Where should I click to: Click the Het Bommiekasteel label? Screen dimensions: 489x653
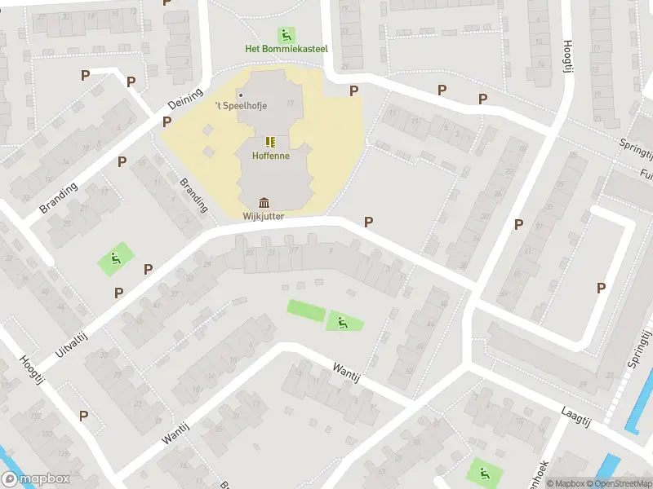(x=287, y=49)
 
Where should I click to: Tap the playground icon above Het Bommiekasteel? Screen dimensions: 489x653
(x=287, y=35)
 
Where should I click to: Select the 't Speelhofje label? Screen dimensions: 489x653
(x=241, y=105)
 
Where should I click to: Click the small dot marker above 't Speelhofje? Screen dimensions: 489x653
(x=240, y=95)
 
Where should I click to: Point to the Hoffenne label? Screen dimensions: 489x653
(x=271, y=155)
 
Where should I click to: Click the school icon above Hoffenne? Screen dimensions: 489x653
(x=271, y=142)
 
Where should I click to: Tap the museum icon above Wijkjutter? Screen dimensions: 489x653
(x=264, y=203)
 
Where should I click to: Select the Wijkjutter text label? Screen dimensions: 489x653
(x=264, y=216)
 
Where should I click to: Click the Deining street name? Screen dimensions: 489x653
(x=184, y=102)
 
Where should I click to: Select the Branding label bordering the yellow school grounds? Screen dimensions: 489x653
(x=194, y=196)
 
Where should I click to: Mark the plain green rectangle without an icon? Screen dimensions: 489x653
(x=306, y=311)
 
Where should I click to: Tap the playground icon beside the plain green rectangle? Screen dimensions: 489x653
(x=344, y=323)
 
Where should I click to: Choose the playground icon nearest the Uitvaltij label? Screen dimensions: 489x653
(x=115, y=259)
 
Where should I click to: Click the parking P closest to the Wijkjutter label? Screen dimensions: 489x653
(x=368, y=222)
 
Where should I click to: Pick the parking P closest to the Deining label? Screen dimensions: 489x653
(x=167, y=122)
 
